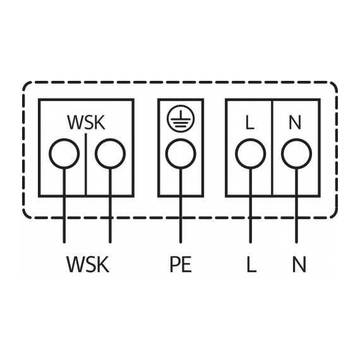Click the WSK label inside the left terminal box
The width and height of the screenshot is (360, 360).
pos(86,123)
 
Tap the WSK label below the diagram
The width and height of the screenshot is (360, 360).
pos(88,264)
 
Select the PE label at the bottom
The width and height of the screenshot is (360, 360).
pos(181,264)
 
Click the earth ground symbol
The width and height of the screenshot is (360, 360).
pos(181,119)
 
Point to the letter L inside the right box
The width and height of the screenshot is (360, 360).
pos(250,123)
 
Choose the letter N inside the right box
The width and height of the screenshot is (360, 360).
pos(295,123)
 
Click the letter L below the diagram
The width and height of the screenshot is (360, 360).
pos(251,264)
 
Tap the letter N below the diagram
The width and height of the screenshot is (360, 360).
pos(299,264)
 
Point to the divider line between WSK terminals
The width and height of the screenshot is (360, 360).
pos(86,164)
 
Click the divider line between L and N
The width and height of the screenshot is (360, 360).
pos(272,147)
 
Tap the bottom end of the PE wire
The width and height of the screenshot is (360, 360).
pos(181,243)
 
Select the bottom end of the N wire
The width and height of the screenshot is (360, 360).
pos(296,243)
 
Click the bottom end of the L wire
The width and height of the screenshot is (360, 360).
pos(251,243)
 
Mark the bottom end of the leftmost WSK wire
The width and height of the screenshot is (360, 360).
pos(64,243)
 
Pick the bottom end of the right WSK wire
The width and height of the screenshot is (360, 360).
pos(110,243)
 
